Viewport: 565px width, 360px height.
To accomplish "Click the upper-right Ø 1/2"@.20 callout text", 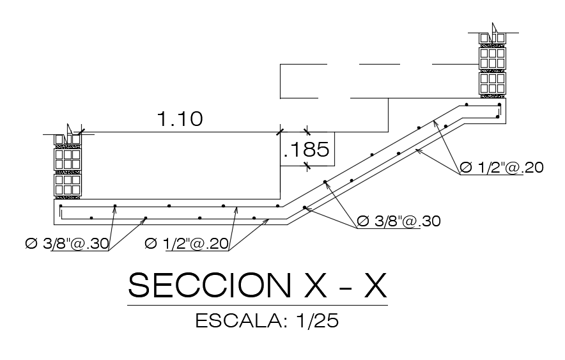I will [501, 168].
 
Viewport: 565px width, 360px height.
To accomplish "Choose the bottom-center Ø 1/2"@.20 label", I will [187, 244].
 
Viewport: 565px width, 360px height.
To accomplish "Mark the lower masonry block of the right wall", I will [493, 82].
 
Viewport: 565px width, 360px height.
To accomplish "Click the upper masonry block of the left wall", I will [67, 159].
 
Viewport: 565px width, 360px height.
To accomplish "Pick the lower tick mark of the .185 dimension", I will [306, 166].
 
